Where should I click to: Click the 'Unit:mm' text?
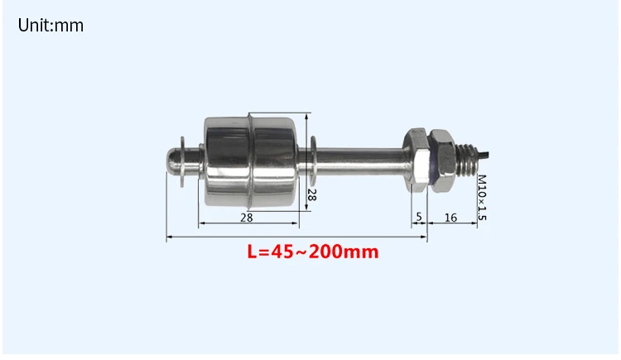click(51, 26)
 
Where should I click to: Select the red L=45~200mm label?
click(313, 252)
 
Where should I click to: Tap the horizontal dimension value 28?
click(247, 217)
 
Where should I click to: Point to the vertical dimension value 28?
click(312, 195)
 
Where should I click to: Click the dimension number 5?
click(419, 217)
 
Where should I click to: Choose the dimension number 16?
click(451, 217)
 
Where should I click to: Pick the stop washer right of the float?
click(313, 157)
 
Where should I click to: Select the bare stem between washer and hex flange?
click(360, 156)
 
